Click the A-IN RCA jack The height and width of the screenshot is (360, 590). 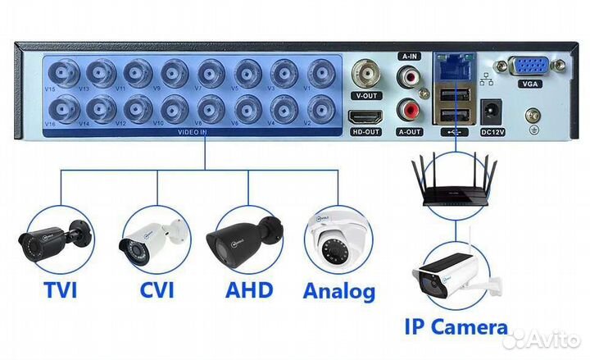coord(408,77)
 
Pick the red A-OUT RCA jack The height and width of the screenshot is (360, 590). coord(408,109)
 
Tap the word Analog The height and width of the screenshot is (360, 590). coord(339,290)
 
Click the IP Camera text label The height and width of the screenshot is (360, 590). coord(456,328)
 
